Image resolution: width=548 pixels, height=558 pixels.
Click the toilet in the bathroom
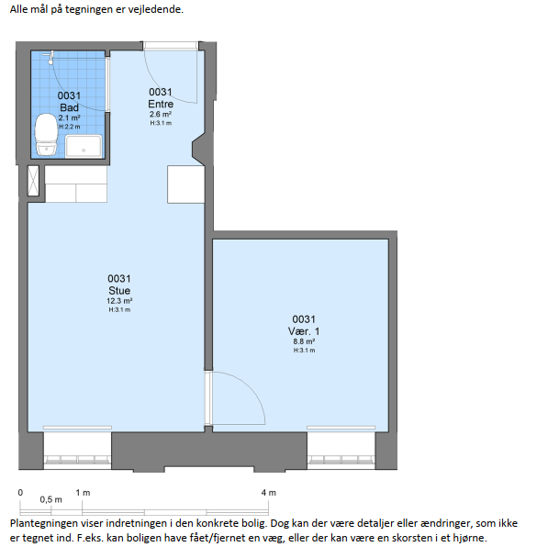click(46, 135)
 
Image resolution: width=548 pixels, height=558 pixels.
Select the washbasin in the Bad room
click(84, 146)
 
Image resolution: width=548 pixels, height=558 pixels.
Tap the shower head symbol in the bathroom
click(49, 57)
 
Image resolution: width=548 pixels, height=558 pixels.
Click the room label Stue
click(119, 290)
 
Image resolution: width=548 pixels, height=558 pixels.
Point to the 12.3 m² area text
click(119, 301)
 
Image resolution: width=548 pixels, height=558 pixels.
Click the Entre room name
click(161, 104)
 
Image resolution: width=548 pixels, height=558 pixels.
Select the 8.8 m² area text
click(304, 341)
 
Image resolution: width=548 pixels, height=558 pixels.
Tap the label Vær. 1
click(304, 331)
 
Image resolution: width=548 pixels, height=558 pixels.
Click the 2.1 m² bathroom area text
click(69, 117)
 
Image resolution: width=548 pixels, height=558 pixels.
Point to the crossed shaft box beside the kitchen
click(33, 181)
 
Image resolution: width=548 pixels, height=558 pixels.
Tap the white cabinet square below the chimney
click(185, 184)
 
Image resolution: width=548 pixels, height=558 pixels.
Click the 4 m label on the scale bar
click(269, 493)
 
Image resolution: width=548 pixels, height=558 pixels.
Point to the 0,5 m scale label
click(50, 499)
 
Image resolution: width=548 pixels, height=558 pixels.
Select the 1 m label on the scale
click(83, 493)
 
